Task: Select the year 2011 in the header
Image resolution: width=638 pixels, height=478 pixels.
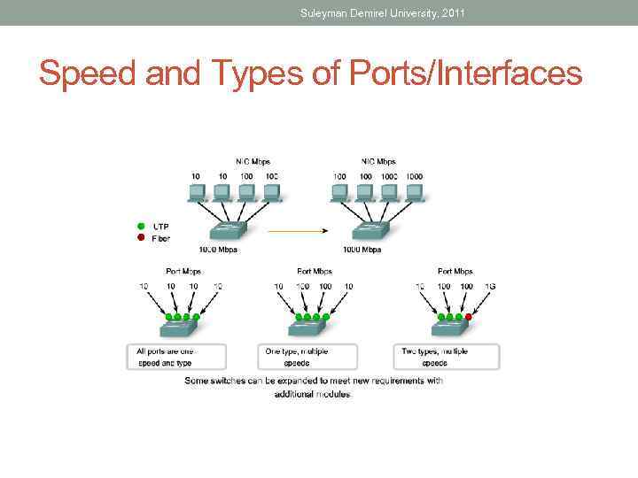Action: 452,12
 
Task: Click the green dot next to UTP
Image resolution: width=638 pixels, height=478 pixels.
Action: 139,227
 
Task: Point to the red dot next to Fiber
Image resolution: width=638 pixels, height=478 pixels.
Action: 139,237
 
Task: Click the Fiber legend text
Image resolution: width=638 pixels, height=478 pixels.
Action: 160,238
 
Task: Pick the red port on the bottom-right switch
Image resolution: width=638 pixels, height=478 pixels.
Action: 468,317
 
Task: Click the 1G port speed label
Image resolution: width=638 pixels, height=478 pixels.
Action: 489,286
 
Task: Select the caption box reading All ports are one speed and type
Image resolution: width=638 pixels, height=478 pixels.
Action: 175,357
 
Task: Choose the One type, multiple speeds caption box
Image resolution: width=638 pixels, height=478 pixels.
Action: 307,357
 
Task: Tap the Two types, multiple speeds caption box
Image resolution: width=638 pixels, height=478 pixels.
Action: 446,357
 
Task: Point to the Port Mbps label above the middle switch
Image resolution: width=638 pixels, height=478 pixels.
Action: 315,272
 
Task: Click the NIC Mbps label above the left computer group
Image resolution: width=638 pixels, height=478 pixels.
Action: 252,162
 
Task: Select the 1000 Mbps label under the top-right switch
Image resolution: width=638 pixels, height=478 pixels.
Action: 362,250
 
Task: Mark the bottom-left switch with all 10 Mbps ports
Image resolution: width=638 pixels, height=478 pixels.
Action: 180,328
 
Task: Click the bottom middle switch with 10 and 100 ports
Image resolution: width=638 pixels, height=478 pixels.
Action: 314,328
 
